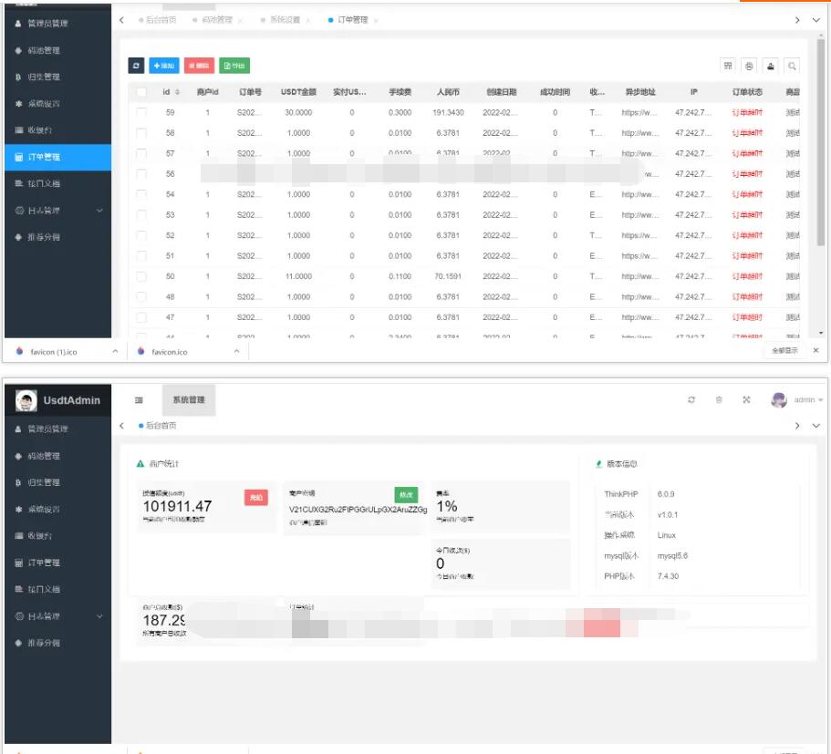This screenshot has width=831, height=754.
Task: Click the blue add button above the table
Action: (164, 66)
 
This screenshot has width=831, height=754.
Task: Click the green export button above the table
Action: (234, 66)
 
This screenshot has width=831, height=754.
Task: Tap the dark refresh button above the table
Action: (136, 66)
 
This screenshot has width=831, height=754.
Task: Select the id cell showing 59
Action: (170, 112)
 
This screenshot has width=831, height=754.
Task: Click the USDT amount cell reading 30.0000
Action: (298, 112)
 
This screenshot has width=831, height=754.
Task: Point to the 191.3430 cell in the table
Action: (448, 112)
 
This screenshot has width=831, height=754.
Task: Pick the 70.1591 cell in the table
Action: (448, 276)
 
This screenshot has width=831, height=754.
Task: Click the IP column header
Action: (693, 92)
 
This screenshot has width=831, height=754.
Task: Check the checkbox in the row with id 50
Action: (141, 276)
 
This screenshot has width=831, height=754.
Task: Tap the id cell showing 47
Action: (170, 317)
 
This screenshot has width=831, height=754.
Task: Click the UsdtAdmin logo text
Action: (72, 400)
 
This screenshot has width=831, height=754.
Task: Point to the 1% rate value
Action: (447, 506)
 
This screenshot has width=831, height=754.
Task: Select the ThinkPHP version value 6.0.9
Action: (666, 494)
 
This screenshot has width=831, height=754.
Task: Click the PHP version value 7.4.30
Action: (668, 576)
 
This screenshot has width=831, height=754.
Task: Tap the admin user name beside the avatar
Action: (804, 400)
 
